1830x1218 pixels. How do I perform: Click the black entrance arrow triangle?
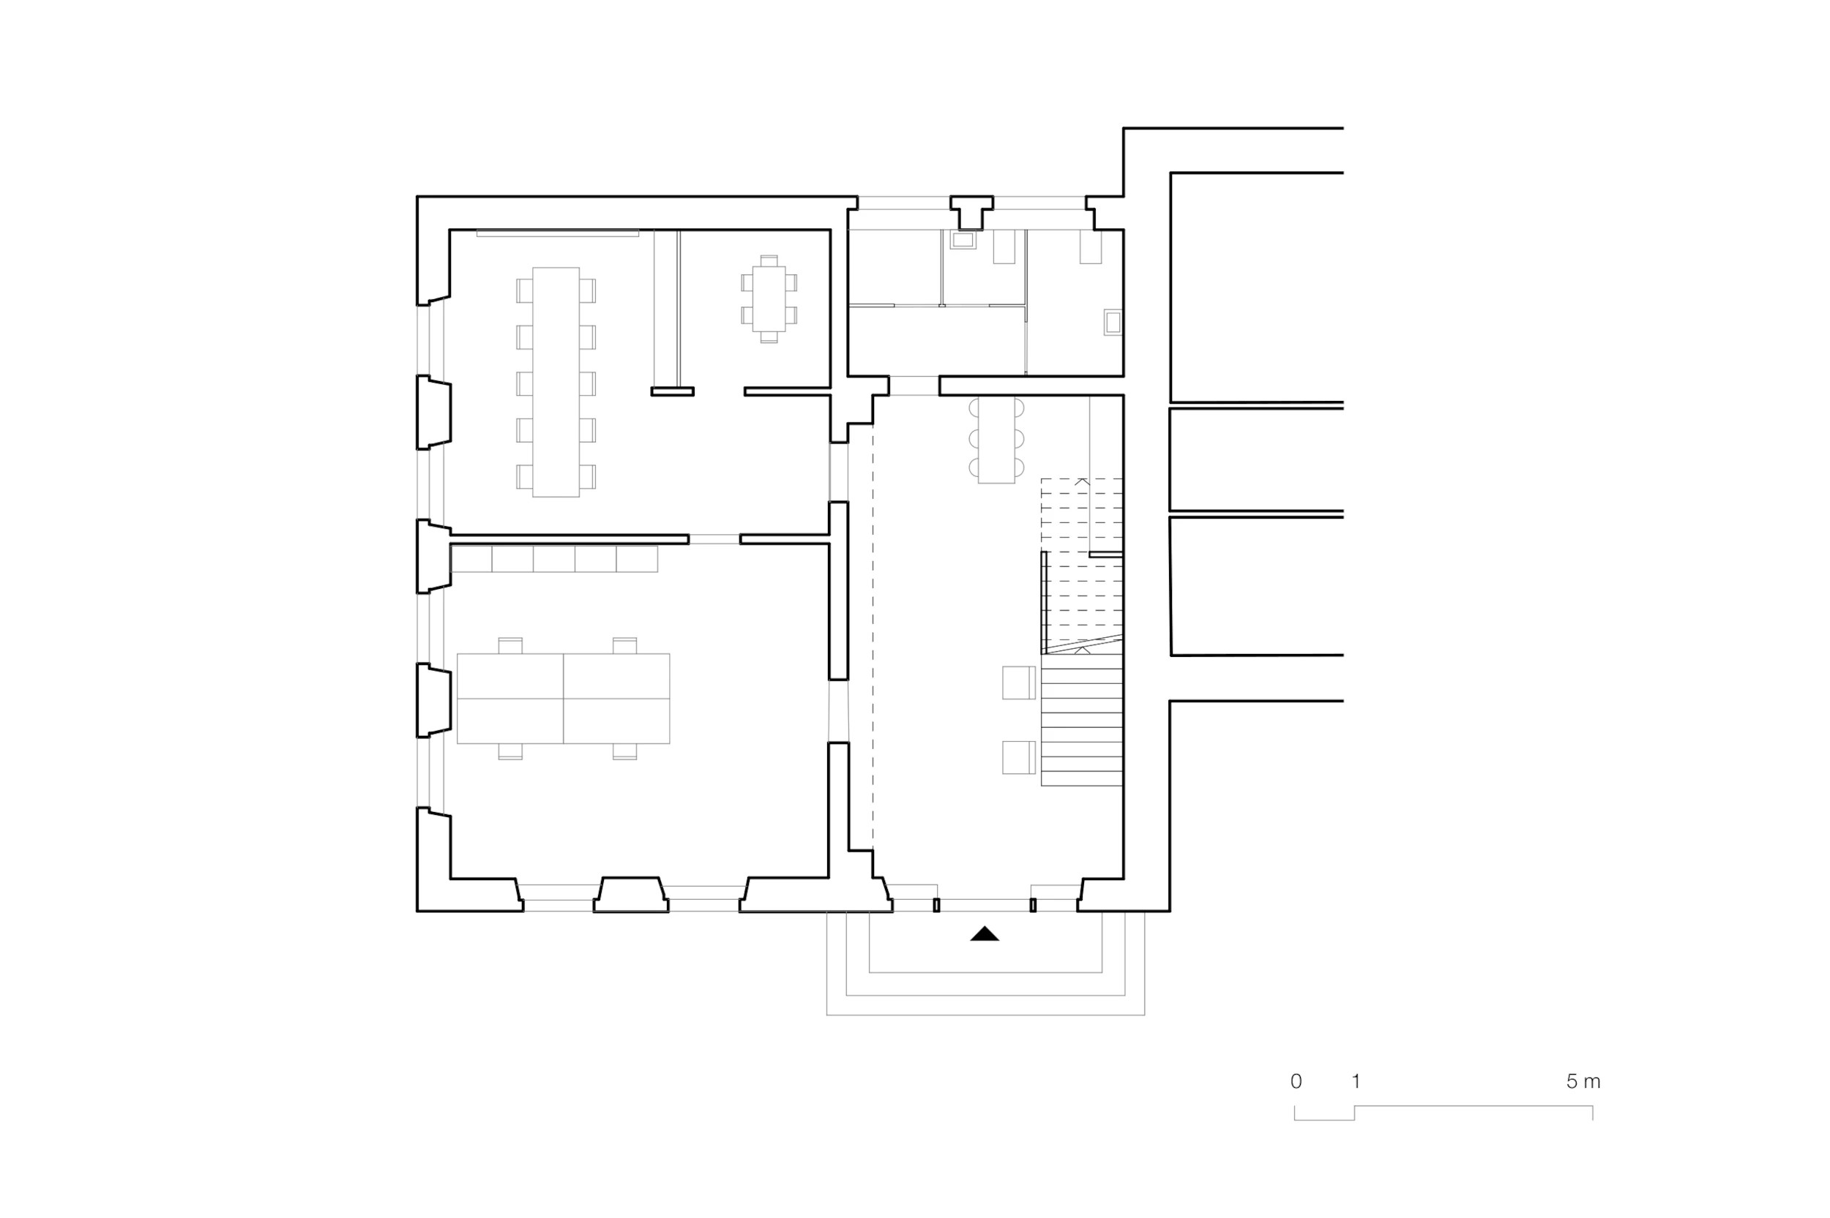pos(984,933)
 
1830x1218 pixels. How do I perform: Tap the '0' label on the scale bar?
pos(1296,1080)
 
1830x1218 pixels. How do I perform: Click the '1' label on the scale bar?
pos(1356,1080)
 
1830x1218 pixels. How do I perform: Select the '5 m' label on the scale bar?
pos(1583,1080)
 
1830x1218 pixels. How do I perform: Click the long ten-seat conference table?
pos(556,382)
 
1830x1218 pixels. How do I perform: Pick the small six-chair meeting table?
pos(769,299)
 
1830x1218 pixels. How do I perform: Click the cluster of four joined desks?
pos(563,699)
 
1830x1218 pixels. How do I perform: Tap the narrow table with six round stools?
pos(996,440)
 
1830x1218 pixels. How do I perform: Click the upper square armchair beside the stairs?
pos(1018,683)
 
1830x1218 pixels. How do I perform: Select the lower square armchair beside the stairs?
pos(1018,757)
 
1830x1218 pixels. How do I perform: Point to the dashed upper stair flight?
pos(1082,565)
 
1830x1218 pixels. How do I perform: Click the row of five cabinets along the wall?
pos(554,560)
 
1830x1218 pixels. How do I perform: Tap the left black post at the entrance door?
pos(936,905)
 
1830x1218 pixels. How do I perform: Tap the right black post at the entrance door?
pos(1033,905)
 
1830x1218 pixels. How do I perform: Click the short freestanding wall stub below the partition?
pos(672,391)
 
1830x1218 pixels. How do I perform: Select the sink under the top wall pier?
pos(963,241)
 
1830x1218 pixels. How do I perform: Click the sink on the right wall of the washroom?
pos(1113,323)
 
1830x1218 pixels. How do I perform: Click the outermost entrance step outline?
pos(985,1015)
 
